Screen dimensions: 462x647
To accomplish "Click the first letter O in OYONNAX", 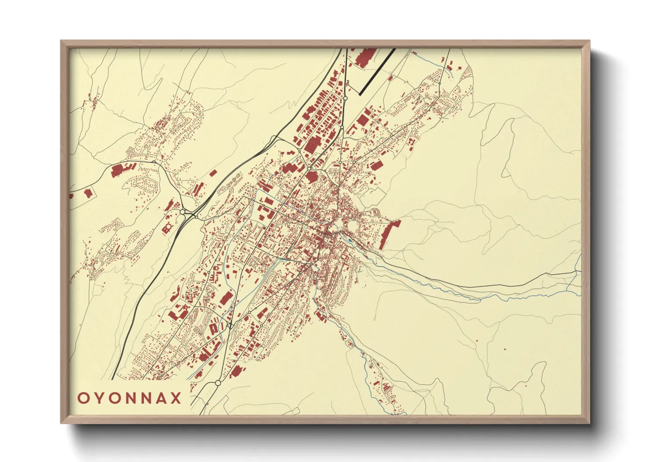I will (83, 398).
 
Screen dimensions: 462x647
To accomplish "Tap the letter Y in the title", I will (99, 398).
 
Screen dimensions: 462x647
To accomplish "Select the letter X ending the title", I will (176, 398).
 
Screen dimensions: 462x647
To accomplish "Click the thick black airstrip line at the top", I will (377, 72).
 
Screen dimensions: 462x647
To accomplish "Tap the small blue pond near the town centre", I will (350, 240).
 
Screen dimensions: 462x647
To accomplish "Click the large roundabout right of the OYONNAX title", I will (218, 383).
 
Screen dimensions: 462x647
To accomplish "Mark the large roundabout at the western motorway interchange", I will (182, 212).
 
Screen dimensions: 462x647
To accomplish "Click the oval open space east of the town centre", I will (351, 226).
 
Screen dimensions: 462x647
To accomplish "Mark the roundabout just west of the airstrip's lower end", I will (345, 99).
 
